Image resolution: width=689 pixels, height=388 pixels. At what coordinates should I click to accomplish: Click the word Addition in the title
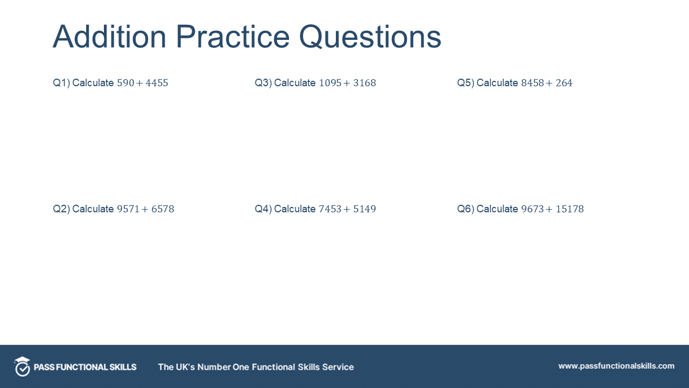(109, 37)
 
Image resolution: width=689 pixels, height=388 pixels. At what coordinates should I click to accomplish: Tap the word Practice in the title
(233, 37)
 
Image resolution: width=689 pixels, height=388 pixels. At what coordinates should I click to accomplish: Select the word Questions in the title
(370, 37)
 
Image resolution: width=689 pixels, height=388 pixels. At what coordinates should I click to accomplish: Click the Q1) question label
(61, 83)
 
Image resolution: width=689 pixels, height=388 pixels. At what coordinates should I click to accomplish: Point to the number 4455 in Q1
(157, 83)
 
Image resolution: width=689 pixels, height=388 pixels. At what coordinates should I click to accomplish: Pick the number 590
(125, 83)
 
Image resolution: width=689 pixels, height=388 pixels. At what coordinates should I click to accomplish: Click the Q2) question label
(61, 209)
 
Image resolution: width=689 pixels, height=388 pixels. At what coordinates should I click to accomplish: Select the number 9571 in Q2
(128, 209)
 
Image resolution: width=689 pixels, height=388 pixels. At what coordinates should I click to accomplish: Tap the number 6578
(163, 209)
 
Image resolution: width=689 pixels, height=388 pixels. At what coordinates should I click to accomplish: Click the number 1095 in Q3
(330, 83)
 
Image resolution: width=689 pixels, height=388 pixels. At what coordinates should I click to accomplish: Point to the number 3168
(364, 83)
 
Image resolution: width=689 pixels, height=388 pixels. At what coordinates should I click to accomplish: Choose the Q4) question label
(263, 209)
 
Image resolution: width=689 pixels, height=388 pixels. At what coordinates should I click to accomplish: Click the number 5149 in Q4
(364, 209)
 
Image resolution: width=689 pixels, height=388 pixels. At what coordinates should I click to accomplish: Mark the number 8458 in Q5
(532, 83)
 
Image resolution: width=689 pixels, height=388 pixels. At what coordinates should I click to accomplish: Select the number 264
(564, 83)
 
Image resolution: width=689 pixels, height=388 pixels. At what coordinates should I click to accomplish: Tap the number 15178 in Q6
(570, 209)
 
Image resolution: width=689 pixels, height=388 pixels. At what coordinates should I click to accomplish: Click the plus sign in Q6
(549, 210)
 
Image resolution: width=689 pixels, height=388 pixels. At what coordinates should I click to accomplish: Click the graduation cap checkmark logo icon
(22, 366)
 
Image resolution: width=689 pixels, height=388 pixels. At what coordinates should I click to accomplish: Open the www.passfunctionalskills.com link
(616, 366)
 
